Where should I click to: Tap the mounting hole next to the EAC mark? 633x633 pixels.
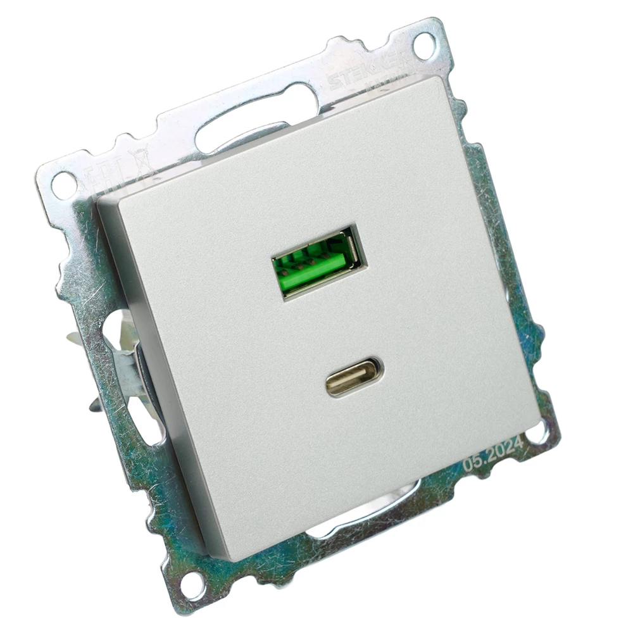tap(63, 185)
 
